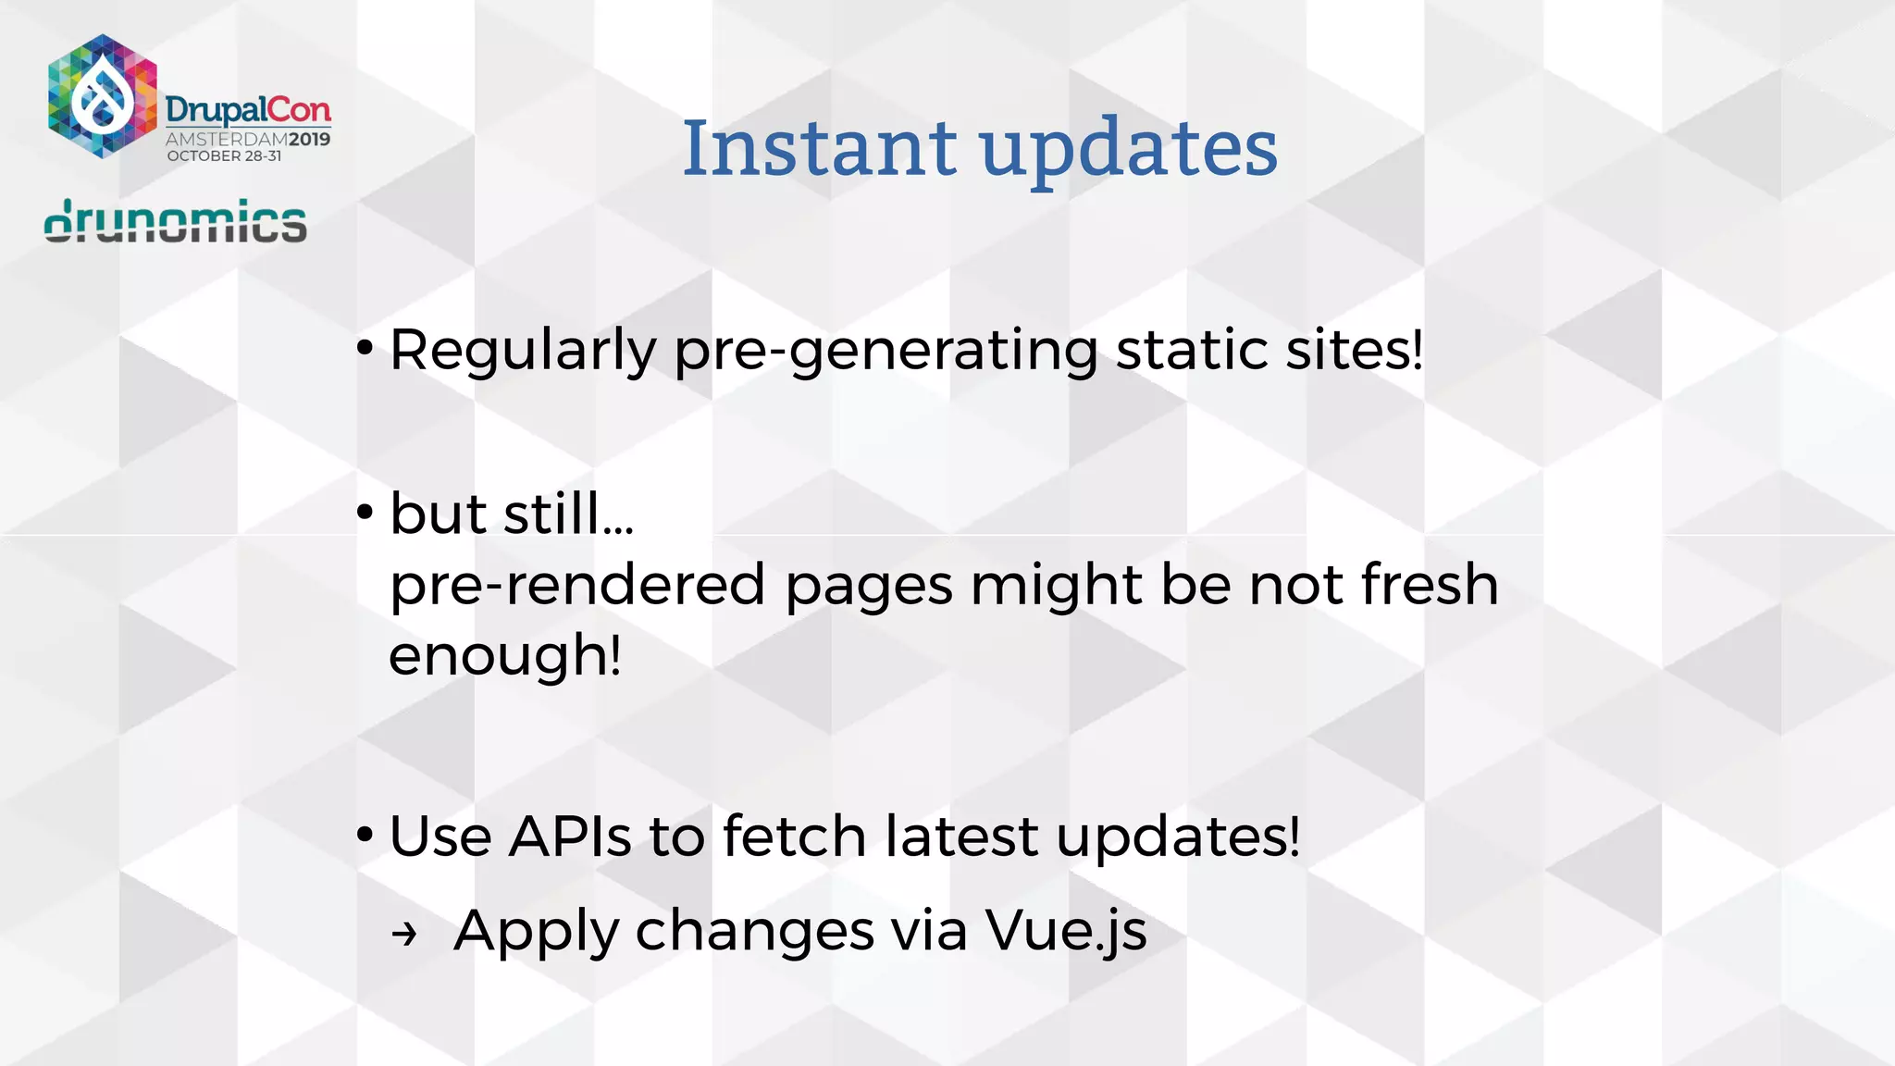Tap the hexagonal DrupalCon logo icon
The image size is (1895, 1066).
(x=103, y=96)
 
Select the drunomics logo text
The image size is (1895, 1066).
(x=176, y=222)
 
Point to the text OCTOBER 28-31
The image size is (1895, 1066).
(x=224, y=156)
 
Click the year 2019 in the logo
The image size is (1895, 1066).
(x=309, y=140)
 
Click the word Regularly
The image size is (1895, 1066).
(x=523, y=352)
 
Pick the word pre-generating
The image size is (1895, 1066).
(x=886, y=352)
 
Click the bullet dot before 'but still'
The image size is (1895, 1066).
(x=365, y=512)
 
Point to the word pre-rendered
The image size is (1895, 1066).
(x=577, y=585)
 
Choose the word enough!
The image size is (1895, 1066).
(x=505, y=655)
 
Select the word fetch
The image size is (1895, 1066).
(x=794, y=837)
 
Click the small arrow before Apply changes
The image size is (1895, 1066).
(x=404, y=935)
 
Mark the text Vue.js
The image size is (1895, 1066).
(x=1066, y=931)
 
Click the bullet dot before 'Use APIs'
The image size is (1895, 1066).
(x=365, y=836)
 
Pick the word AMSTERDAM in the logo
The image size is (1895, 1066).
(x=226, y=140)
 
